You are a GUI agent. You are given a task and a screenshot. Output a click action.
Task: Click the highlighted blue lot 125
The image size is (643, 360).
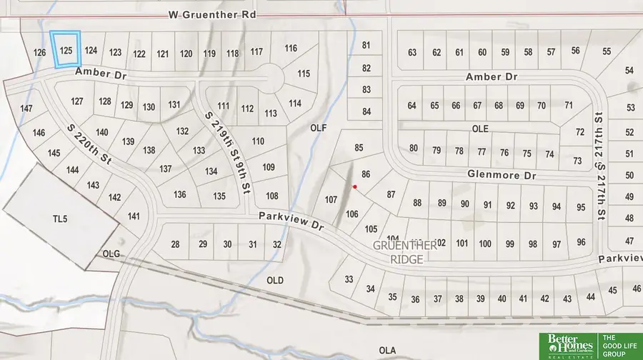(66, 50)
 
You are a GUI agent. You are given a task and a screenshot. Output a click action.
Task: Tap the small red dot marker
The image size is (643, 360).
(354, 186)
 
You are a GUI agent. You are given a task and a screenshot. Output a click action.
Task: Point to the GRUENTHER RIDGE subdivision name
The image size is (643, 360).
(404, 251)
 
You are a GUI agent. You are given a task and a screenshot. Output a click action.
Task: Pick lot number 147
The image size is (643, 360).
(26, 109)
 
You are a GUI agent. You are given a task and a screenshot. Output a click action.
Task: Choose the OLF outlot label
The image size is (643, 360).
(318, 128)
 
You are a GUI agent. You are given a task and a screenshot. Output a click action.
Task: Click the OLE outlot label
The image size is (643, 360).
(479, 128)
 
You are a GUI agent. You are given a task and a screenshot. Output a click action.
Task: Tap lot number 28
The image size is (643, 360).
(175, 244)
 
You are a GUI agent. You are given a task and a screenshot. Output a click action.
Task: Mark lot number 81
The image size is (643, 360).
(367, 46)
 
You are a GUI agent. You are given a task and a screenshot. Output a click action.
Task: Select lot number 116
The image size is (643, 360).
(290, 49)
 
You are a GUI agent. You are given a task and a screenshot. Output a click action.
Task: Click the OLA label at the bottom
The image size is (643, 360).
(387, 349)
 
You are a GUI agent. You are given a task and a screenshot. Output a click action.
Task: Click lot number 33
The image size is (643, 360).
(349, 279)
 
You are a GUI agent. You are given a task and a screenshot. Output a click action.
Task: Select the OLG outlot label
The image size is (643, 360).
(111, 254)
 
